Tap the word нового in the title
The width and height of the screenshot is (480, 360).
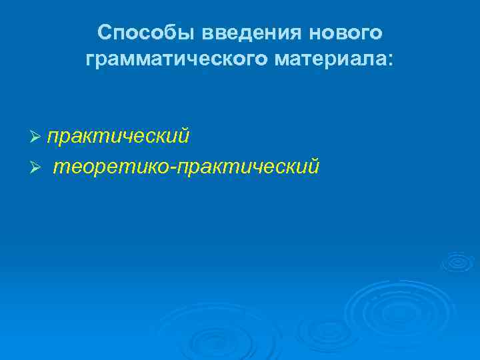(351, 33)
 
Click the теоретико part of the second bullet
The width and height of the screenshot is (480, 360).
(111, 165)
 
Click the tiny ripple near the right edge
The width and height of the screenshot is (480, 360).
(457, 261)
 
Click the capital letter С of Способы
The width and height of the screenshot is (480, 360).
(104, 33)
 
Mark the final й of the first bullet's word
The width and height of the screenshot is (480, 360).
(184, 137)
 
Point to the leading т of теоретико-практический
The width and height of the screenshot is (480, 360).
(57, 166)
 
